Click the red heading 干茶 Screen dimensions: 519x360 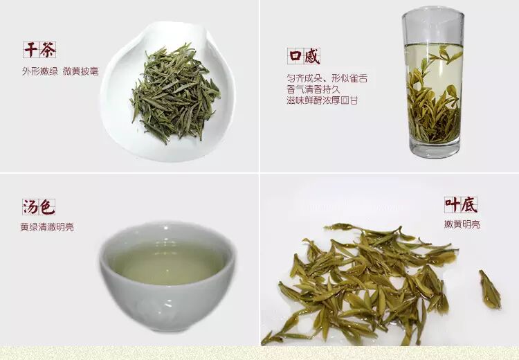coord(39,50)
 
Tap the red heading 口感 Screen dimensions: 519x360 coord(304,56)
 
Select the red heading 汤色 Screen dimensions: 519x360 coord(39,207)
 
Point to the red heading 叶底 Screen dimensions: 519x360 coord(461,205)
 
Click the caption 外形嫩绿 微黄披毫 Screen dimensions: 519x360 coord(61,71)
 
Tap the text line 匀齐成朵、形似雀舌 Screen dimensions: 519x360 coord(327,78)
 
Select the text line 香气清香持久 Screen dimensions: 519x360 coord(313,89)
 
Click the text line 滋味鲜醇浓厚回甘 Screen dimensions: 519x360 coord(322,100)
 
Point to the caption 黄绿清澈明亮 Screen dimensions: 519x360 coord(47,227)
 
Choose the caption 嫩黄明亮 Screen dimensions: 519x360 coord(462,224)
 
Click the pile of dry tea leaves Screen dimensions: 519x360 coord(175,93)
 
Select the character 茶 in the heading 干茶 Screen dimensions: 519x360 coord(48,50)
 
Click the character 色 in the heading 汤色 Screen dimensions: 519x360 coord(47,207)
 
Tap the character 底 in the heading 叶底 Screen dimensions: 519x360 coord(469,205)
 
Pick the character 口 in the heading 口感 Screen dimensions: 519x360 coord(295,56)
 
